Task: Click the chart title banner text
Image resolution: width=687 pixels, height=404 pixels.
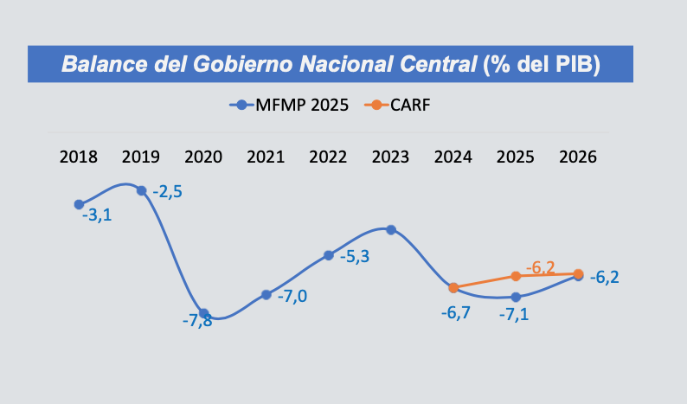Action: [x=331, y=64]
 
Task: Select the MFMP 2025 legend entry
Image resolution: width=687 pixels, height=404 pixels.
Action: [x=289, y=106]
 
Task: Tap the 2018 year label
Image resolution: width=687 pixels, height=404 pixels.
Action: [x=79, y=157]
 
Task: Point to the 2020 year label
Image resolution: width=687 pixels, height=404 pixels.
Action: [x=203, y=157]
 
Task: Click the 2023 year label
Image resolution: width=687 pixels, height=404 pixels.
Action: [x=390, y=157]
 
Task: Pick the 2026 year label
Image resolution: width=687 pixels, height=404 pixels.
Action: [x=578, y=157]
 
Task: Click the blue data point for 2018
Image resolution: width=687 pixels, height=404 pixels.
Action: [x=79, y=205]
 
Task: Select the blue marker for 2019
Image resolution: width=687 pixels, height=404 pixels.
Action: [x=141, y=190]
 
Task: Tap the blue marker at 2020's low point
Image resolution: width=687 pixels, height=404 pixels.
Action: [x=203, y=313]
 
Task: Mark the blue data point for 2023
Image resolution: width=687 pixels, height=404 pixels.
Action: [x=391, y=229]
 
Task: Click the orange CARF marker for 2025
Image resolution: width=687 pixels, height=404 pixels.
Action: [x=516, y=276]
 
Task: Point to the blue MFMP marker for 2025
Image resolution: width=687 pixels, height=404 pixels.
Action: [x=516, y=297]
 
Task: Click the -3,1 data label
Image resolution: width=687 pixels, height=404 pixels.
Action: [x=95, y=214]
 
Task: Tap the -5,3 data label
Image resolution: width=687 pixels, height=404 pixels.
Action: [x=355, y=257]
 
